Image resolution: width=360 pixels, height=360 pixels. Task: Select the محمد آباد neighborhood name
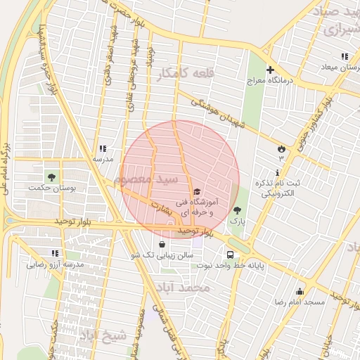(x=185, y=288)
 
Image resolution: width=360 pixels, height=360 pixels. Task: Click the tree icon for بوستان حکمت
(x=51, y=175)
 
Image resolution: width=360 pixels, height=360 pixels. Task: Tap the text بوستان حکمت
(x=49, y=188)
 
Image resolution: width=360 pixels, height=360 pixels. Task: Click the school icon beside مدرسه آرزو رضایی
(x=56, y=253)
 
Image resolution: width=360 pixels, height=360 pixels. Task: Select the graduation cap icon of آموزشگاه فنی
(x=196, y=191)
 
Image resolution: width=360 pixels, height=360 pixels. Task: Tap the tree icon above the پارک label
(x=236, y=210)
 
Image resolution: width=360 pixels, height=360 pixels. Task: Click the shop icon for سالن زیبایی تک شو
(x=163, y=245)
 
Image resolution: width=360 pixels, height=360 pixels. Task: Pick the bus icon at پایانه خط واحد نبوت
(x=230, y=255)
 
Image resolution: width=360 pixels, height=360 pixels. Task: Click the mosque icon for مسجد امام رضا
(x=300, y=291)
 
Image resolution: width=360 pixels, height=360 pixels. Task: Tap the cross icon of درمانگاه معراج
(x=270, y=70)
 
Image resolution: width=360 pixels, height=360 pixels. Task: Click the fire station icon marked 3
(x=281, y=148)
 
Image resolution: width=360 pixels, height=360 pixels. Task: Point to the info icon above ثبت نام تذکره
(x=279, y=172)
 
